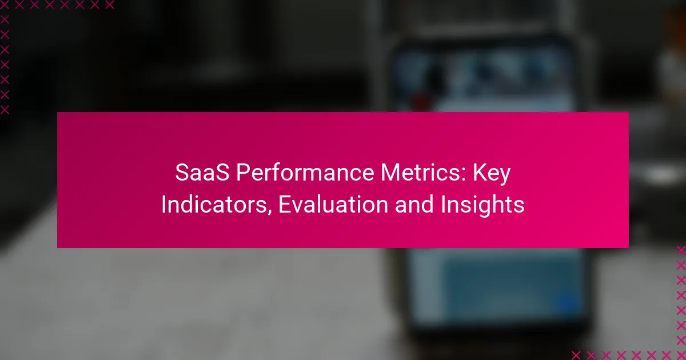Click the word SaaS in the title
(x=202, y=173)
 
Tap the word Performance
(x=305, y=173)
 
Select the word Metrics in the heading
(x=421, y=173)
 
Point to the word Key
(x=492, y=174)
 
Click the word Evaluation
(x=333, y=205)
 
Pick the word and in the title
(x=414, y=205)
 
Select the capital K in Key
(x=479, y=173)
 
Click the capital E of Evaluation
(x=284, y=205)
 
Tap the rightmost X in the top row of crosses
(x=110, y=5)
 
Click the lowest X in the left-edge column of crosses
(x=5, y=110)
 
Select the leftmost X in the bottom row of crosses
(x=576, y=355)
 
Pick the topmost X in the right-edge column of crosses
(x=681, y=250)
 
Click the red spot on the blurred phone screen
(x=420, y=102)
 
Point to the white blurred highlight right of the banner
(x=661, y=174)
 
